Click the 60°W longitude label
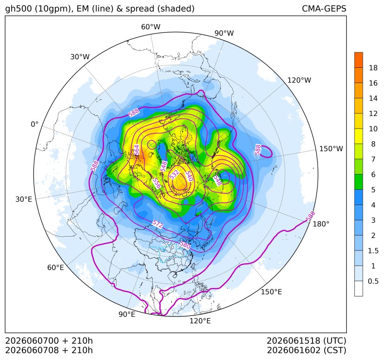click(x=150, y=27)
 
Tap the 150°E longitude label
click(x=271, y=292)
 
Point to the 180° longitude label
click(x=321, y=224)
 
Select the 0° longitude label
click(x=34, y=124)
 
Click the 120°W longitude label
click(x=299, y=80)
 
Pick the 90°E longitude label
click(x=127, y=314)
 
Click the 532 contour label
click(x=175, y=175)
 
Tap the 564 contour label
click(x=137, y=150)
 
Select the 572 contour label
click(x=157, y=224)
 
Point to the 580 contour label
click(x=185, y=245)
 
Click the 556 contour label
click(x=157, y=184)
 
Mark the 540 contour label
click(x=189, y=176)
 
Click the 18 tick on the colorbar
click(x=373, y=68)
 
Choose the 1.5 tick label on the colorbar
click(x=373, y=251)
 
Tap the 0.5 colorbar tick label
click(x=373, y=281)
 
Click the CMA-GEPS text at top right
click(x=324, y=8)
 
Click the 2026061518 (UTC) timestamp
click(x=306, y=341)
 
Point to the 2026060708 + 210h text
click(x=49, y=350)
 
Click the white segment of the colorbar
click(x=358, y=289)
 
